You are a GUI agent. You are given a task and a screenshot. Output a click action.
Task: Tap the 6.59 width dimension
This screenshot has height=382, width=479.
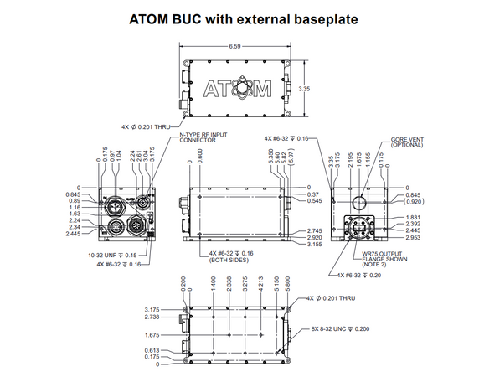[235, 47]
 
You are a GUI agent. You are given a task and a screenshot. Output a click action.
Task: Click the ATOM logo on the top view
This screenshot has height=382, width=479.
[238, 87]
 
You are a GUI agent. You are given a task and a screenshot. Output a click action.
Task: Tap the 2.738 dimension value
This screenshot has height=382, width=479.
[152, 317]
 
